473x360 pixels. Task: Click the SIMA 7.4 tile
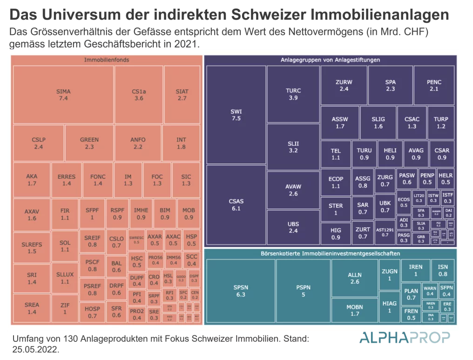[x=63, y=95]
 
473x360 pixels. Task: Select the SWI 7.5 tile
[x=236, y=115]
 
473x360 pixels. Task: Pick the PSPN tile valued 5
[x=303, y=291]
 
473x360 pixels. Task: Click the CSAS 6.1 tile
[x=236, y=205]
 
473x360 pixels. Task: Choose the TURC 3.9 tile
[x=293, y=94]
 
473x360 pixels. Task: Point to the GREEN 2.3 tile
[x=89, y=143]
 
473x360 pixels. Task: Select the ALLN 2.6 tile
[x=354, y=278]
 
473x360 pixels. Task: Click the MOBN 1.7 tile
[x=354, y=310]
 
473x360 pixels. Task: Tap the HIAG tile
[x=389, y=306]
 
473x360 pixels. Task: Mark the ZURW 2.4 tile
[x=344, y=85]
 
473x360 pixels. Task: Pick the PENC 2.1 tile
[x=434, y=85]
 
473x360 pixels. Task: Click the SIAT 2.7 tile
[x=182, y=95]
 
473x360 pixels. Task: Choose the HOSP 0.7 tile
[x=92, y=312]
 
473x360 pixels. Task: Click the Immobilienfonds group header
[x=107, y=60]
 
